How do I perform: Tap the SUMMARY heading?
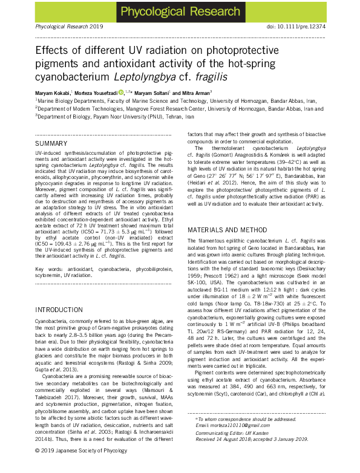click(x=51, y=143)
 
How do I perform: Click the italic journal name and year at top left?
click(x=62, y=28)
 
